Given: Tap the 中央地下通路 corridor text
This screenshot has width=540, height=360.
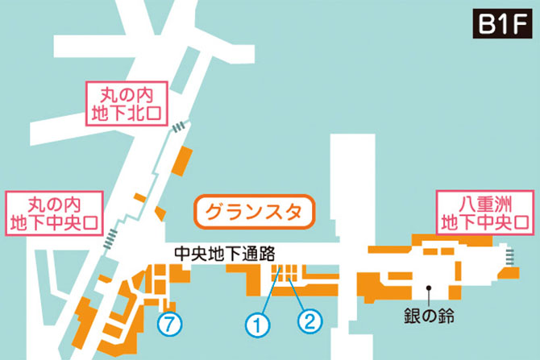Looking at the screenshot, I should tap(220, 252).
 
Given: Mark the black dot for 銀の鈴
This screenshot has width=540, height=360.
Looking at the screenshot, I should tap(430, 286).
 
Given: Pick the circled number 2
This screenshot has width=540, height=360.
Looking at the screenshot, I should tap(309, 321).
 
